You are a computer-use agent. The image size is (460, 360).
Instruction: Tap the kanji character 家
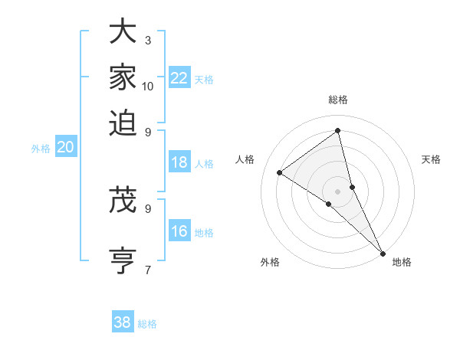pos(123,77)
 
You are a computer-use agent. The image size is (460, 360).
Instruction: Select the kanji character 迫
pos(123,122)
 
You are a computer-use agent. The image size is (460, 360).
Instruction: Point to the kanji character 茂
pos(123,200)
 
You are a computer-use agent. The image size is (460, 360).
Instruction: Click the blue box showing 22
pos(179,78)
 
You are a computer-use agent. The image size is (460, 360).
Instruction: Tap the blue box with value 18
pos(179,162)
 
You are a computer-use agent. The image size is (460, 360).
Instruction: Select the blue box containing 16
pos(179,232)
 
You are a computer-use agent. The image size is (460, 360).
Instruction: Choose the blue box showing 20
pos(65,148)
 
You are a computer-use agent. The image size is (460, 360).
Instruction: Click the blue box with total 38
pos(123,322)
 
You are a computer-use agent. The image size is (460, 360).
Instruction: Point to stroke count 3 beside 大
pos(148,40)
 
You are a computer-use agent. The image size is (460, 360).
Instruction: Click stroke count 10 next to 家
pos(148,86)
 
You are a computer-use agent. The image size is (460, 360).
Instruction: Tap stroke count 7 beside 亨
pos(148,269)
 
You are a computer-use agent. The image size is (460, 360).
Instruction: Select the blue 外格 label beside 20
pos(41,149)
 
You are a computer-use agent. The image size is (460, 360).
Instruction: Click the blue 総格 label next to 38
pos(147,324)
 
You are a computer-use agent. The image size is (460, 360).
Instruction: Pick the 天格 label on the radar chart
pos(431,159)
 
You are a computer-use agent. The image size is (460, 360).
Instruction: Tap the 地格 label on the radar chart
pos(402,262)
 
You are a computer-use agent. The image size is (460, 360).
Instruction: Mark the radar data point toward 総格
pos(338,130)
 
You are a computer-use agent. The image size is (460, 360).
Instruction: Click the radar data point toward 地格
pos(383,253)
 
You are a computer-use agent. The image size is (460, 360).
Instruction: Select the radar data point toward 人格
pos(280,172)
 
